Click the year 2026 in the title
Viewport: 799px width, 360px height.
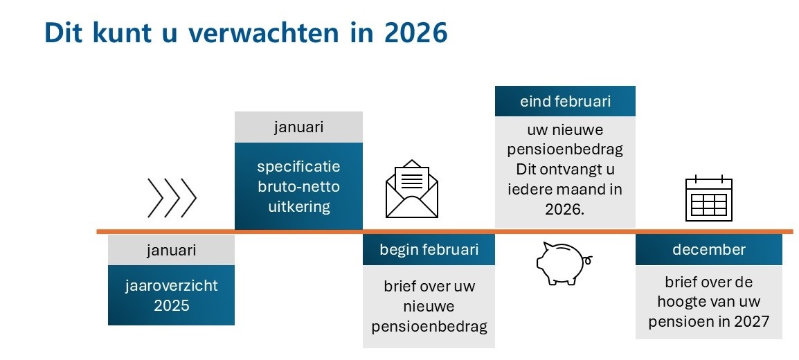(x=416, y=32)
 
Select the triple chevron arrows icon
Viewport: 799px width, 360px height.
(x=172, y=198)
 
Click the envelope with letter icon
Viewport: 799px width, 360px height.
(x=412, y=189)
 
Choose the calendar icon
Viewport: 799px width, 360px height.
(x=709, y=198)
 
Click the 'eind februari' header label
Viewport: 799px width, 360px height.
(x=565, y=101)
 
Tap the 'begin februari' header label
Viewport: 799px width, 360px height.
(x=429, y=249)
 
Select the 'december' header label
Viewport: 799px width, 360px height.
(x=709, y=249)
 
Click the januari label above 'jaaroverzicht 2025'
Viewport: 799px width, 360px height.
(x=171, y=251)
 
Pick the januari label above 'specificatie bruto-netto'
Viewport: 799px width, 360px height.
(x=298, y=127)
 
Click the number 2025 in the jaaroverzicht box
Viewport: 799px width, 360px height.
(x=172, y=305)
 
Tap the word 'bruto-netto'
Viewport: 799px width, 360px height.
(x=298, y=187)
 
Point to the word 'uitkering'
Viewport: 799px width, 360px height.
(x=298, y=207)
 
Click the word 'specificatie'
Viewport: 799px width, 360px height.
(x=298, y=167)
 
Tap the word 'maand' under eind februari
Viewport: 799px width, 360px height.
(x=580, y=189)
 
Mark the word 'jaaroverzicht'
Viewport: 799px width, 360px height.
(x=172, y=286)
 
